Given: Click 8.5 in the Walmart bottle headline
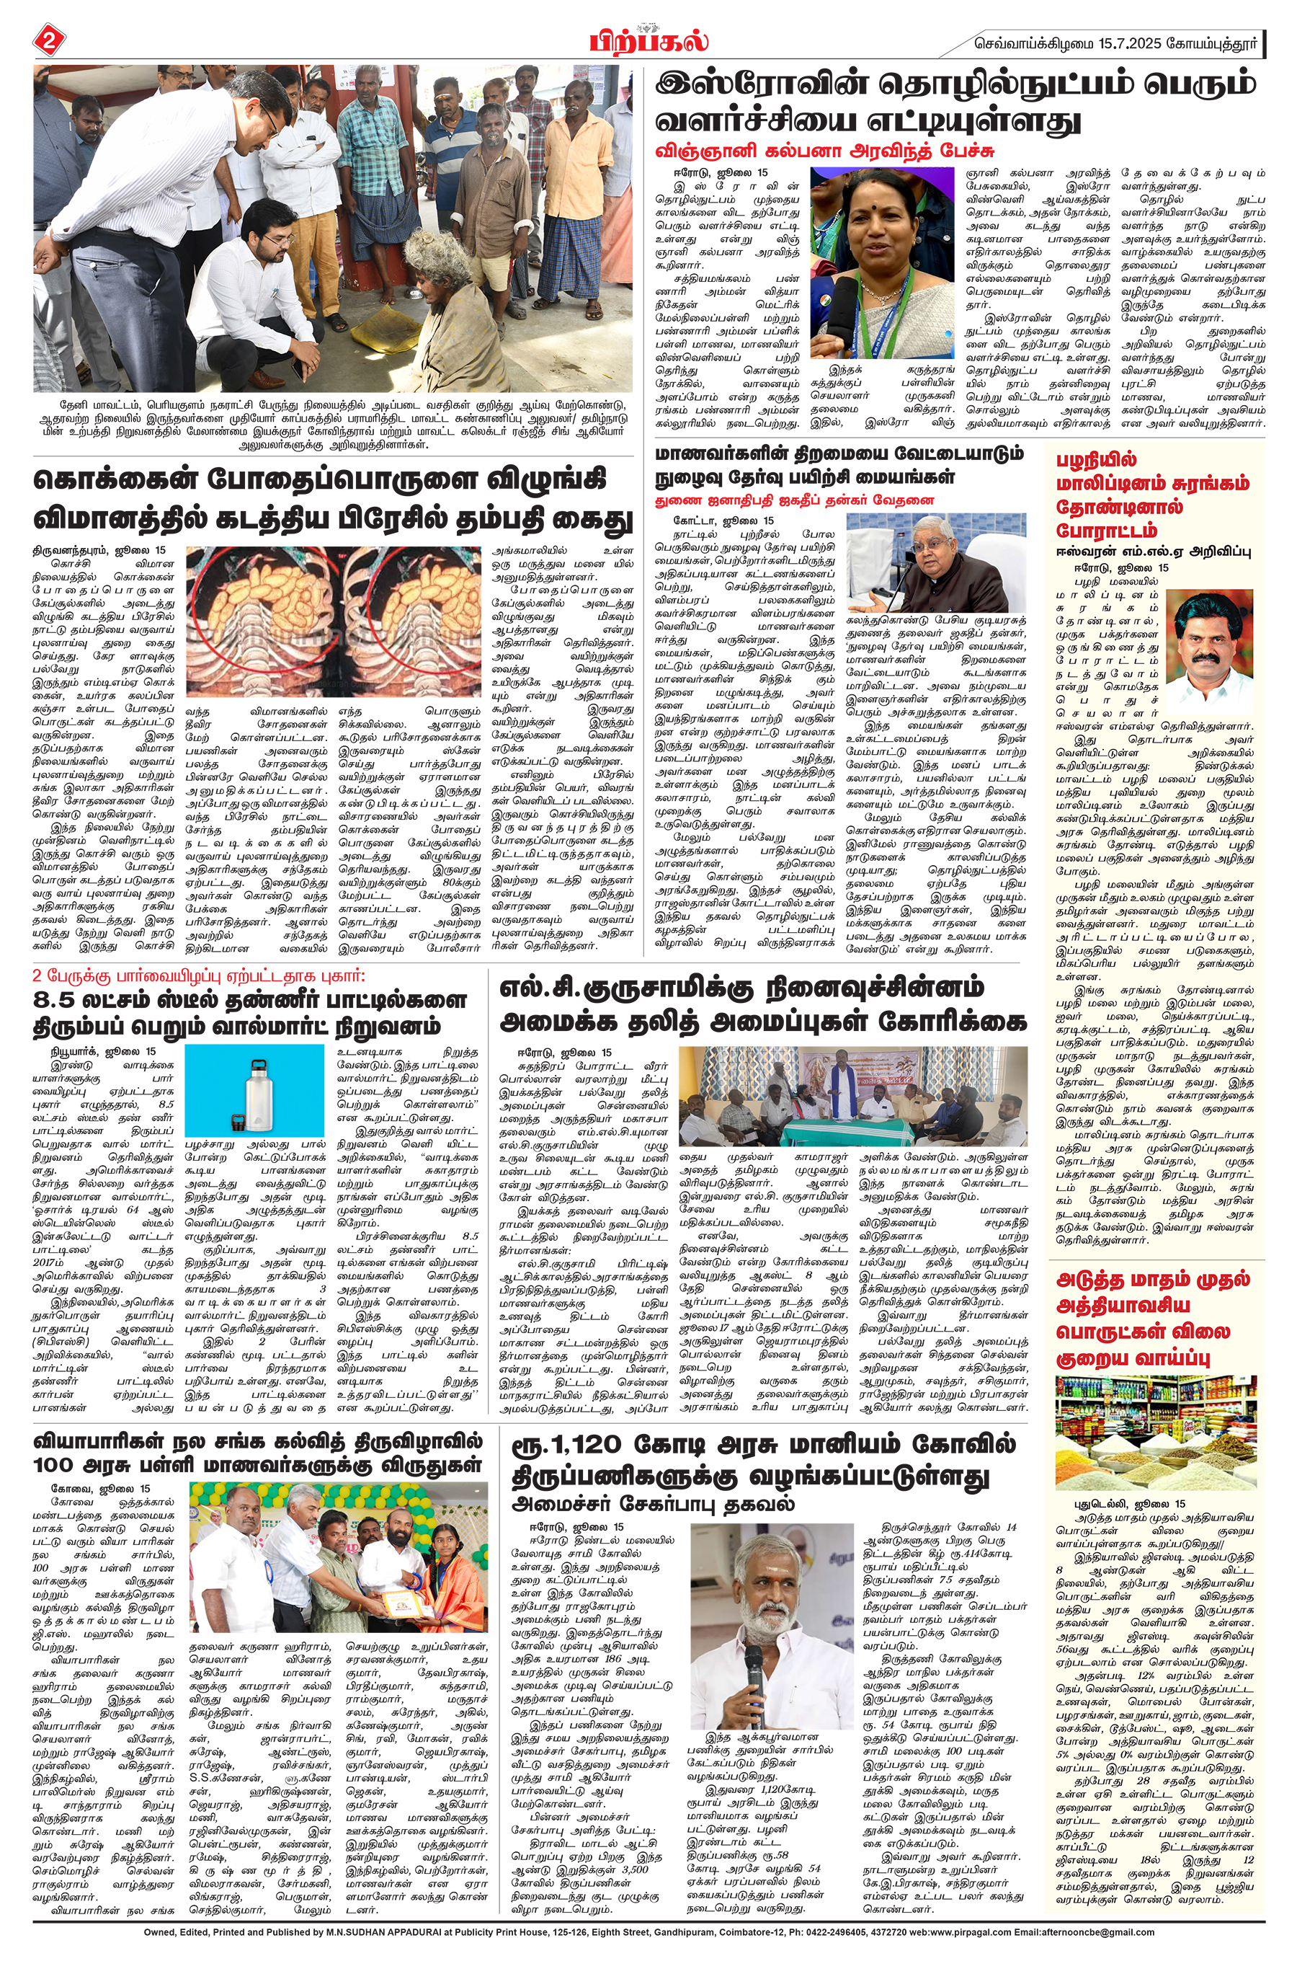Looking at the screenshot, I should coord(58,1001).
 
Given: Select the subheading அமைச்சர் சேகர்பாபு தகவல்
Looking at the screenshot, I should coord(654,1503).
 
